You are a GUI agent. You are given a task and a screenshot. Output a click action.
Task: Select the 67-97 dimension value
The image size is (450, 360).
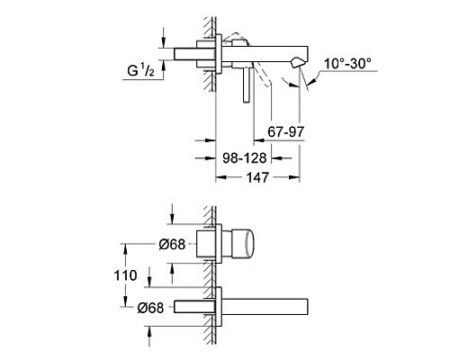(x=287, y=133)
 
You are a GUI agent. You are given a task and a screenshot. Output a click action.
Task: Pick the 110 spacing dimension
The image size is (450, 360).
(x=127, y=275)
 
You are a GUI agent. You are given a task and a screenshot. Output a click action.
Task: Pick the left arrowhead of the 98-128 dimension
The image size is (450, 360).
(x=218, y=157)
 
